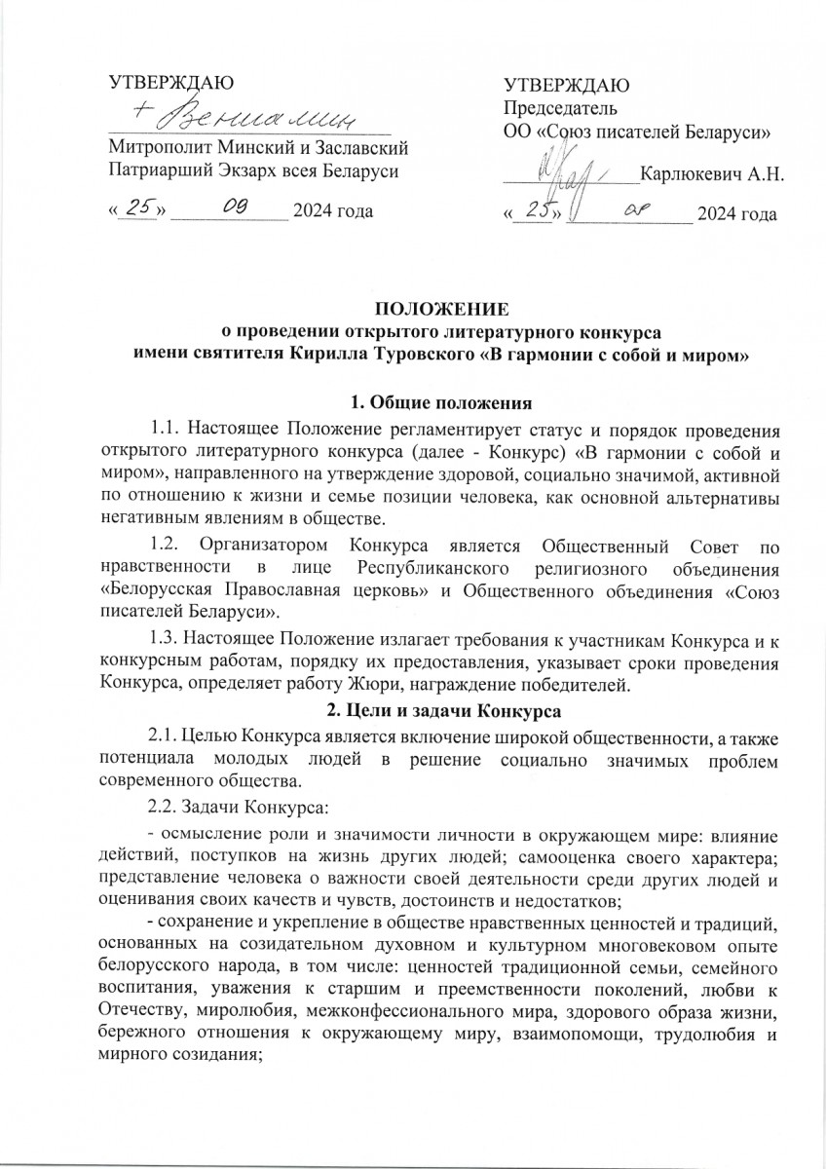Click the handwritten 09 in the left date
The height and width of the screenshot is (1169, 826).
pos(235,207)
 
